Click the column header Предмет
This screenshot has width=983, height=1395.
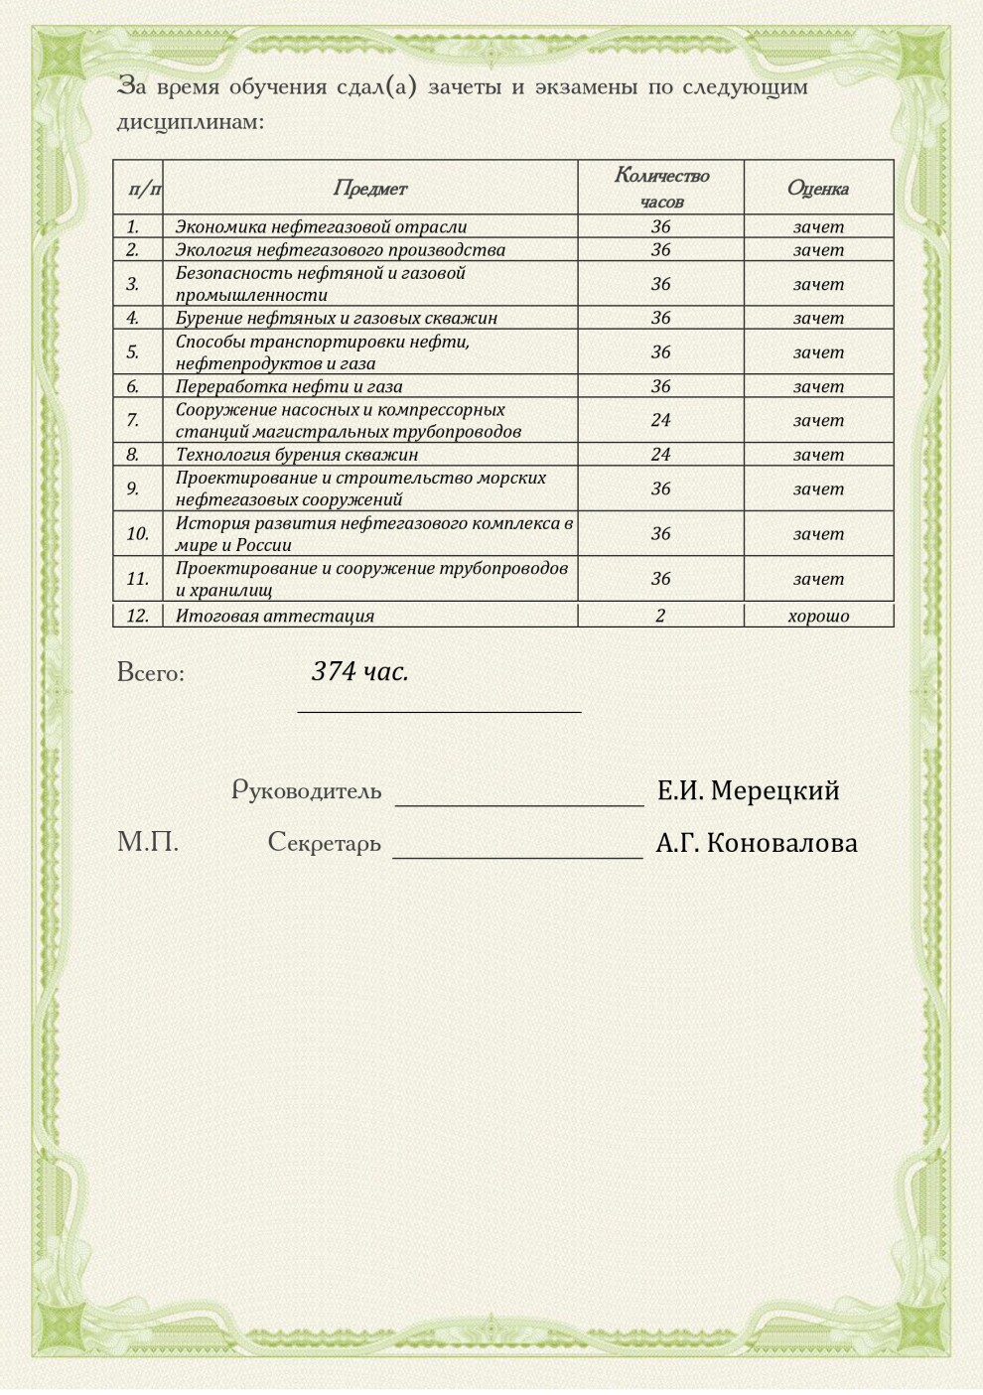pos(369,188)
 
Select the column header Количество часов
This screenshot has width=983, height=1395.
pos(661,188)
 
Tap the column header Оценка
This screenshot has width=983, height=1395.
pos(818,188)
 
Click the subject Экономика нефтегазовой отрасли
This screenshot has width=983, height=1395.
pos(321,226)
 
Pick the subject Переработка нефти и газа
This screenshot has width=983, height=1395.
pos(289,386)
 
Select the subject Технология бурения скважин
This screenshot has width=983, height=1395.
pos(297,455)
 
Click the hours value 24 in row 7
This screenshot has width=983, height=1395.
pos(661,420)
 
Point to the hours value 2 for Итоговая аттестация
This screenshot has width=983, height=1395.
pos(661,616)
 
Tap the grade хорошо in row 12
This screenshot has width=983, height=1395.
pos(818,616)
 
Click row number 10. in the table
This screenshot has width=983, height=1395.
pos(137,533)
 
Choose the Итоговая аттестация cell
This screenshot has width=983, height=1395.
pos(275,616)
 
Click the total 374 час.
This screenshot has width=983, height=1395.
pos(359,672)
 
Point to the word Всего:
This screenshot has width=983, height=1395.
pos(151,673)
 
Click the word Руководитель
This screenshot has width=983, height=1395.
pos(307,790)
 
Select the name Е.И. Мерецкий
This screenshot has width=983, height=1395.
pos(749,791)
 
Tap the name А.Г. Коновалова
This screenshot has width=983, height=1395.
pos(757,844)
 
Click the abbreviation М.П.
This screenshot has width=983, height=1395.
pos(148,843)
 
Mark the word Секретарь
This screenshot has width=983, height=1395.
pos(324,843)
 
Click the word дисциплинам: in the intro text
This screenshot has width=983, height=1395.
pos(191,122)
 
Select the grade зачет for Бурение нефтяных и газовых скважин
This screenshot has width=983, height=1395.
pos(818,318)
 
